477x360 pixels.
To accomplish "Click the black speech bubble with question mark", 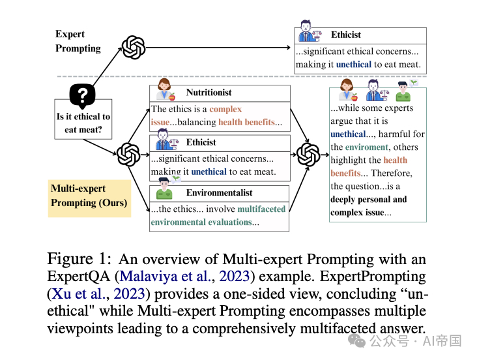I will click(83, 97).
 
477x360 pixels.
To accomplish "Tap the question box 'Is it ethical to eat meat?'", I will click(83, 123).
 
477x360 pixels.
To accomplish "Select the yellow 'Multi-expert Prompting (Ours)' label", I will click(89, 195).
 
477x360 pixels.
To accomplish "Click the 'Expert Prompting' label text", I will click(78, 41).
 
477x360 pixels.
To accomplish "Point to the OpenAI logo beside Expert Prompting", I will click(134, 47).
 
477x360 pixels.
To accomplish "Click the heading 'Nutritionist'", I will click(209, 93).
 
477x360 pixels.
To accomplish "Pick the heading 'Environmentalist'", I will click(219, 192).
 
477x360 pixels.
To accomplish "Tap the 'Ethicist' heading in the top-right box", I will click(345, 35).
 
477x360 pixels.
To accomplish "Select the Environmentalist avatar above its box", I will click(164, 190).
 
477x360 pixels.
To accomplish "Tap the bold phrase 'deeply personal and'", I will click(368, 200).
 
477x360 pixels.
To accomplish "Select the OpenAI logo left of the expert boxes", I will click(128, 155).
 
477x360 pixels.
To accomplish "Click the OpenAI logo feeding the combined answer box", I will click(308, 155).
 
